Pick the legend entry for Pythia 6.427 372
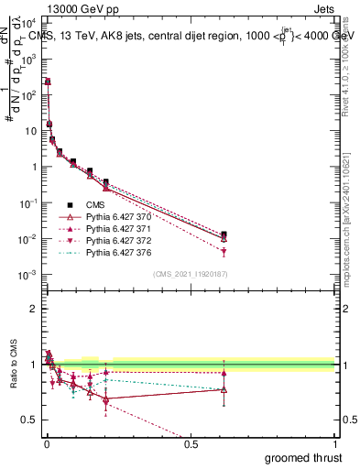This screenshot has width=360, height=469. (105, 240)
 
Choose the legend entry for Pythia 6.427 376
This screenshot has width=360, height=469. (105, 252)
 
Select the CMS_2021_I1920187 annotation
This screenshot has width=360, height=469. (190, 274)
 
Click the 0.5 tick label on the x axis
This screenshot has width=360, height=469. (190, 443)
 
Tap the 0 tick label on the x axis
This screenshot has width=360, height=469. (46, 443)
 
